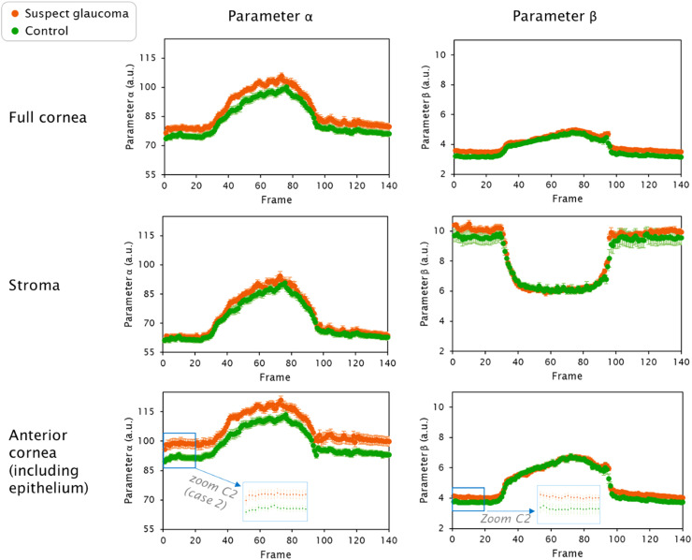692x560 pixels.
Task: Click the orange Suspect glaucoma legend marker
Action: tap(10, 14)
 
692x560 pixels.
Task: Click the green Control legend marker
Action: tap(10, 31)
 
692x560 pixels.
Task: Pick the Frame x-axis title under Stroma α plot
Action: tap(275, 376)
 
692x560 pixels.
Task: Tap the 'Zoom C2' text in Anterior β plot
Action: tap(505, 517)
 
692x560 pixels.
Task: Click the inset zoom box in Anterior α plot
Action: tap(275, 501)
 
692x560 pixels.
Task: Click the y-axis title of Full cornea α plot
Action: tap(131, 110)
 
